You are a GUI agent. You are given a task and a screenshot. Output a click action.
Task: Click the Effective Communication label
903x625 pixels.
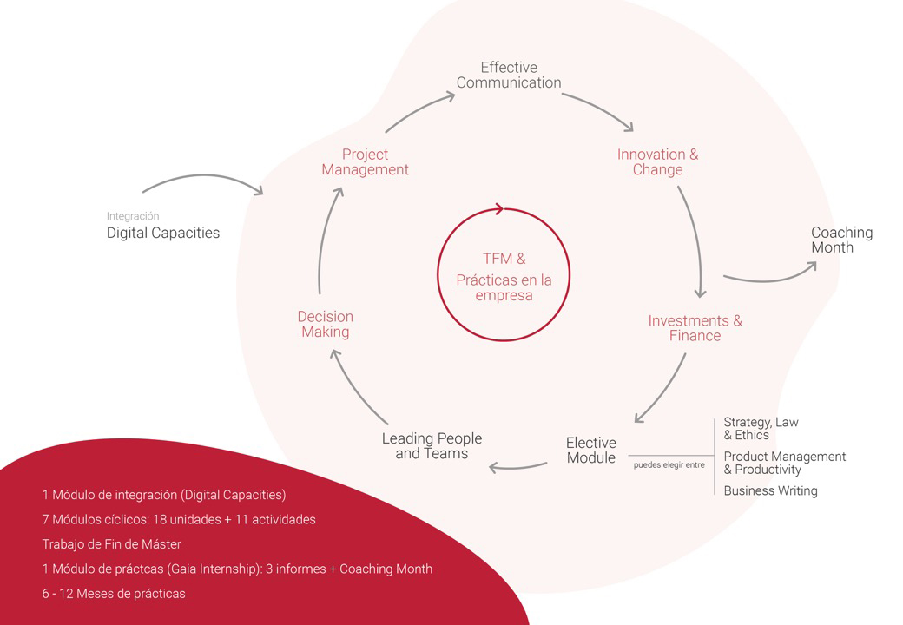(509, 76)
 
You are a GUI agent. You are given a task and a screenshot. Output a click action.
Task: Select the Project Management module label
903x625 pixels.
(365, 162)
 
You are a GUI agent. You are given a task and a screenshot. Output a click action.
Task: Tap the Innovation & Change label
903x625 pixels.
(657, 162)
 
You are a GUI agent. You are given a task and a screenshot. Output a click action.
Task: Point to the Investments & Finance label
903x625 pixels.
(695, 328)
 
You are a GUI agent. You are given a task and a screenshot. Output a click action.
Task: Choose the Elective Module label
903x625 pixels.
(590, 451)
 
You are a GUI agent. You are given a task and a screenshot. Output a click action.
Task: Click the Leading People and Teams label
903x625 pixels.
(432, 446)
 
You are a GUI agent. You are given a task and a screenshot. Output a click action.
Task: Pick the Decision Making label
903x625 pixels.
(325, 324)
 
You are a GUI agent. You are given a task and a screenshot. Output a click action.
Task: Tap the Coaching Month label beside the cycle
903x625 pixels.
(841, 240)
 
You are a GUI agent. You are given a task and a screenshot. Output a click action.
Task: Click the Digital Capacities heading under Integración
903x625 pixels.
(163, 233)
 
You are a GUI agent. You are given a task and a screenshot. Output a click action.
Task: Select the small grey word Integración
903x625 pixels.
(133, 216)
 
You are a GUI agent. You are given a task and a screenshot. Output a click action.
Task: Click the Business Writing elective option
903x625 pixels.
(770, 491)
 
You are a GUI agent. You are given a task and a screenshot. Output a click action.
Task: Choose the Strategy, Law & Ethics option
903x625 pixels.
(761, 429)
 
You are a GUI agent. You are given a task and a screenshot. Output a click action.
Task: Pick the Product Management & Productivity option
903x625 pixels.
(784, 463)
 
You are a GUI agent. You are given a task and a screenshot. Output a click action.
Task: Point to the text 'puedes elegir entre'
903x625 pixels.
(669, 465)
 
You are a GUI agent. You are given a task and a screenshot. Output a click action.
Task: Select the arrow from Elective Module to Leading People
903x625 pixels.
(517, 468)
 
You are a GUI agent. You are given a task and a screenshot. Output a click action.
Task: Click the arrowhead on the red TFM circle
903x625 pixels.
(498, 208)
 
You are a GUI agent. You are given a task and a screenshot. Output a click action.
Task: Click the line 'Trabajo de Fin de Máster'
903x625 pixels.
(110, 544)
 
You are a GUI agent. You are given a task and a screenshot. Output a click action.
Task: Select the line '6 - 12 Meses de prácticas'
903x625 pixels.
(114, 594)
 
